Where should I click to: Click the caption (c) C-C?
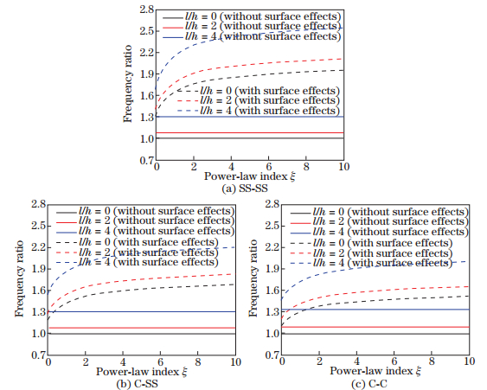click(375, 381)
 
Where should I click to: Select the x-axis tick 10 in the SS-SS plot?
click(343, 167)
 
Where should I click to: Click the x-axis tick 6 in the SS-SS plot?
click(268, 167)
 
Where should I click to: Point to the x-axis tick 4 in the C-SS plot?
click(122, 361)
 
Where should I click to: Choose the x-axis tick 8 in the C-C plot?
click(431, 361)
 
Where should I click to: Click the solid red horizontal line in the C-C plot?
click(389, 327)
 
